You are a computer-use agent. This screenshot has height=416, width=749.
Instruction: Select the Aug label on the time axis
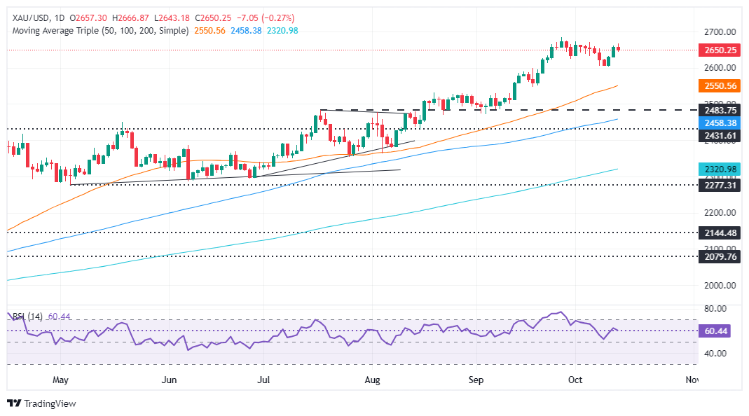pos(373,380)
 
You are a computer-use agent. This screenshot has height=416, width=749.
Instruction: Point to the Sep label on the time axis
pos(476,380)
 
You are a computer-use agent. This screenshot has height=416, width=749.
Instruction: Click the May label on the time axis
pos(60,380)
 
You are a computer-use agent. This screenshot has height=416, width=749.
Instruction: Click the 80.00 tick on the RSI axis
pos(715,309)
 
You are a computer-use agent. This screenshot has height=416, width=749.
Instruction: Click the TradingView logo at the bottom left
pos(41,403)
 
